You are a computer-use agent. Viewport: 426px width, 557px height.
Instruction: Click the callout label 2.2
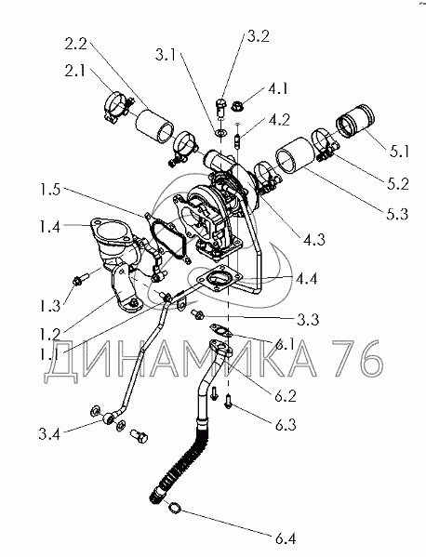click(x=75, y=45)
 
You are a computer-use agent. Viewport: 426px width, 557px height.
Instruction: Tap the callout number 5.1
click(x=399, y=152)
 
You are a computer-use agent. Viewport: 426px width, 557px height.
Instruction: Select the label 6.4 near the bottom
click(x=286, y=538)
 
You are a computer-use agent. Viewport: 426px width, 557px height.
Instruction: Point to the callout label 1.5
click(x=49, y=190)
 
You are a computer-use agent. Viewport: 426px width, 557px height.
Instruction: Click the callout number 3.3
click(x=307, y=319)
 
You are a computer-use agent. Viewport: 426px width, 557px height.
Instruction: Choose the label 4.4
click(x=306, y=279)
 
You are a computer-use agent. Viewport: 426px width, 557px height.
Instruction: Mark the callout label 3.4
click(x=49, y=433)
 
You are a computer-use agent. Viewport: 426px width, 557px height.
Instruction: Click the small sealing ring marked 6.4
click(x=175, y=508)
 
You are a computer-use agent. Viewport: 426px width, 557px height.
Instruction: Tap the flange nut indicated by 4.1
click(x=237, y=105)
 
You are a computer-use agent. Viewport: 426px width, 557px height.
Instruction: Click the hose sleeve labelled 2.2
click(x=154, y=126)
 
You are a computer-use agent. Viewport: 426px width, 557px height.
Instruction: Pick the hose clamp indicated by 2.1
click(x=117, y=107)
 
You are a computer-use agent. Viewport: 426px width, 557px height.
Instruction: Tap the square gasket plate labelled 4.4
click(x=217, y=279)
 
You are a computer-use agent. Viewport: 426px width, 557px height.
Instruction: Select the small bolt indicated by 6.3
click(x=228, y=402)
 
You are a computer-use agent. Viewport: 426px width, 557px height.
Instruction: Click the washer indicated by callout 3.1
click(x=221, y=133)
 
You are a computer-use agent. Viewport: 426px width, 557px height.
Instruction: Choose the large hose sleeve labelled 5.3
click(x=295, y=155)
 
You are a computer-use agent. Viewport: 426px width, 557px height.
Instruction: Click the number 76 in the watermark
click(x=356, y=358)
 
